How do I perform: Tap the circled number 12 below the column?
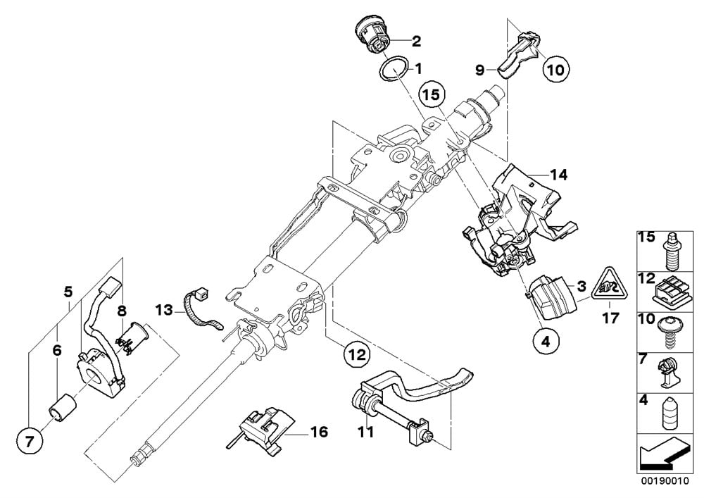tap(357, 355)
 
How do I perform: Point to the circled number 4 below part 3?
tap(546, 342)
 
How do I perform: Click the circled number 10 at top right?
tap(556, 70)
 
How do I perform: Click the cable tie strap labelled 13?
tap(201, 309)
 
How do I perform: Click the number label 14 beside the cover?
tap(558, 175)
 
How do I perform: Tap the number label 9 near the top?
tap(480, 70)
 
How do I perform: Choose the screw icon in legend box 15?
tap(670, 251)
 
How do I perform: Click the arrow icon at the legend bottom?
tap(664, 454)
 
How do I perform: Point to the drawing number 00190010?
tap(665, 481)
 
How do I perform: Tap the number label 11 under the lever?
tap(366, 432)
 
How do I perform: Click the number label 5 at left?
tap(68, 292)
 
